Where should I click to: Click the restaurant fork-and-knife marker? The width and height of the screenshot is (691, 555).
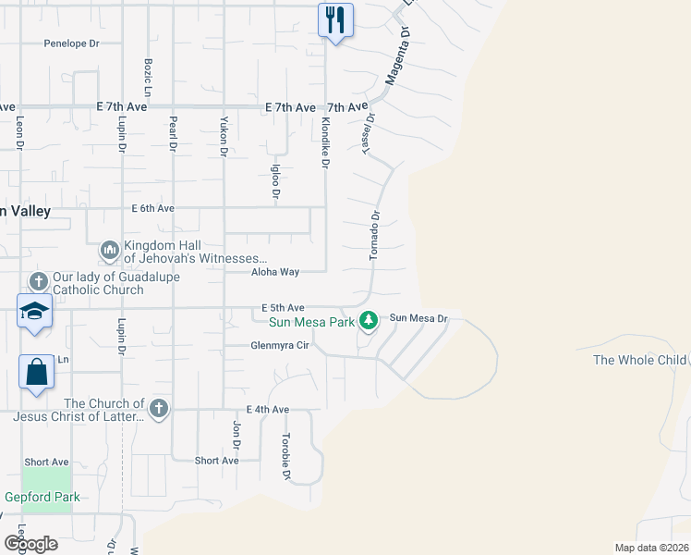[335, 19]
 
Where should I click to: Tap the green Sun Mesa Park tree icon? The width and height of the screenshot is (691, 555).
[370, 320]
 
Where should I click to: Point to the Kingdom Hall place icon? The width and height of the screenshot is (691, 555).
[110, 250]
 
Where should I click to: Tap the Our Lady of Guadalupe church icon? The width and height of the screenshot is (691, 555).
[38, 281]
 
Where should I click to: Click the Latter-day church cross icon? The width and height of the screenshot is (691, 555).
[159, 408]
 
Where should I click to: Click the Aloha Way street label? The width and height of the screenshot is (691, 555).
[275, 272]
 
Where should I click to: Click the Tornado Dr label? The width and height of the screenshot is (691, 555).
[375, 236]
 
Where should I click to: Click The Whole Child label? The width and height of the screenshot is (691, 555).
[640, 360]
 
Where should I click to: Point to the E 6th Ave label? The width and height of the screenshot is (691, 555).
[152, 209]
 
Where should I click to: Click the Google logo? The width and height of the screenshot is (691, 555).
[30, 543]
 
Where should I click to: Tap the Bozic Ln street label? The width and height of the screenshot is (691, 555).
[148, 75]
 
